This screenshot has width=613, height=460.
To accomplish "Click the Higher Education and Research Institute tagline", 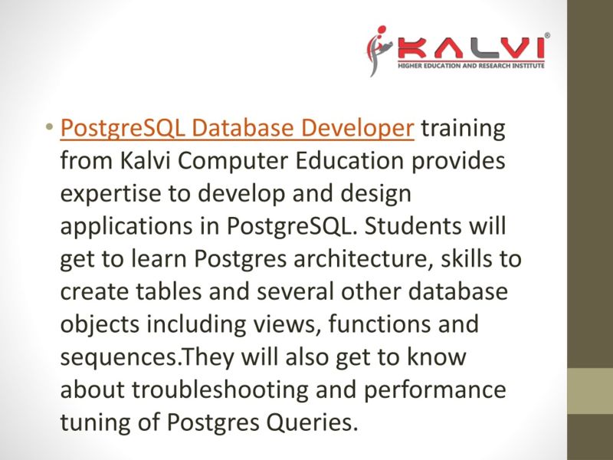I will click(470, 67).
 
